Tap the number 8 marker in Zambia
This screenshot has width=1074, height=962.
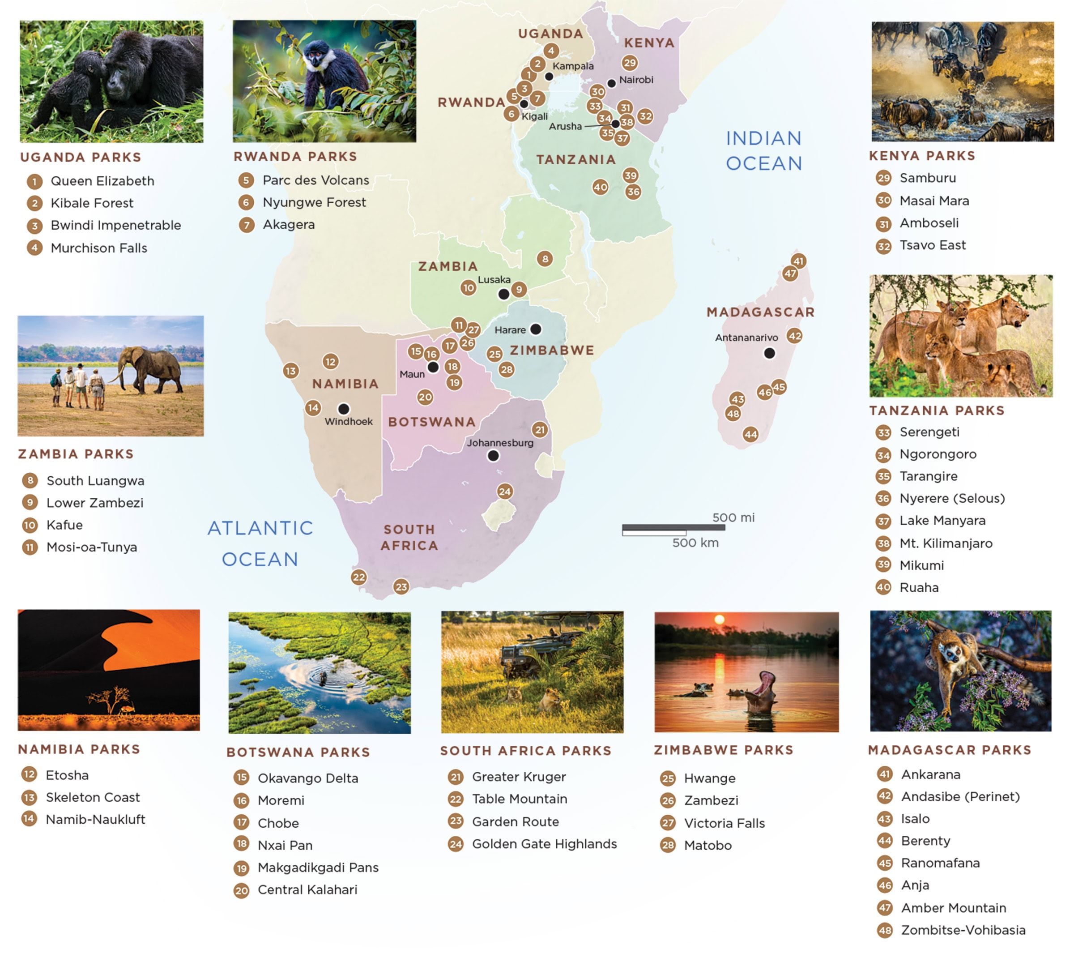click(545, 258)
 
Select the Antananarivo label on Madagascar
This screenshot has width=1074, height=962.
click(746, 337)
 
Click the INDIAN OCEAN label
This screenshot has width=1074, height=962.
click(764, 151)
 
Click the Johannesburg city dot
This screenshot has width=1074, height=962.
click(493, 456)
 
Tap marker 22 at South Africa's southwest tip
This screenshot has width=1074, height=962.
click(359, 577)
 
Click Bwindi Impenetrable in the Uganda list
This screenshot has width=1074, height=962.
click(116, 225)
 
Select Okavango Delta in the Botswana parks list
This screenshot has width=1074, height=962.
click(307, 778)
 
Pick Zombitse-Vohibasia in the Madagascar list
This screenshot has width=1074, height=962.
click(963, 930)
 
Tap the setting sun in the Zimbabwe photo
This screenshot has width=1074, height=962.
click(719, 620)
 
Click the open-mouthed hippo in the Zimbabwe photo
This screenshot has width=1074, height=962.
click(761, 693)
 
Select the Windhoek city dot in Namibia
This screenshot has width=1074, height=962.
click(343, 409)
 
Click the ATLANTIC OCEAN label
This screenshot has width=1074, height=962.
click(260, 543)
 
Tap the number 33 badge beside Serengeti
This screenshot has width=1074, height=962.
click(883, 432)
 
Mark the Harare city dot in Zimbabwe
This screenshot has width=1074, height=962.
click(536, 329)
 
